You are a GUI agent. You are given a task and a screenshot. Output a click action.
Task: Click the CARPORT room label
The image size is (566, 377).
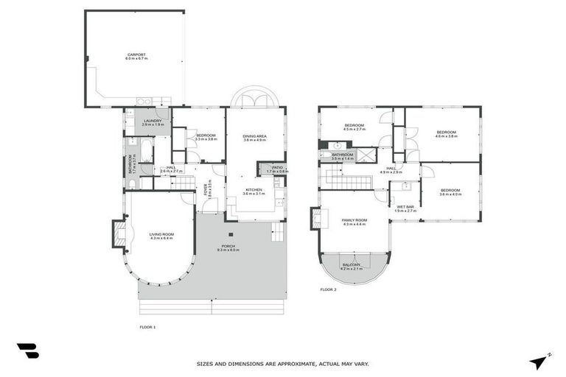tap(136, 56)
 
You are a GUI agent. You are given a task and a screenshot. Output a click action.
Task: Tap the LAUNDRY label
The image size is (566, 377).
tap(153, 122)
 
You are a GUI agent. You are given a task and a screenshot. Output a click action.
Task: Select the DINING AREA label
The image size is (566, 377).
tap(254, 137)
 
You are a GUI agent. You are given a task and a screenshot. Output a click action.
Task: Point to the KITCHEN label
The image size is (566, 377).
tap(254, 191)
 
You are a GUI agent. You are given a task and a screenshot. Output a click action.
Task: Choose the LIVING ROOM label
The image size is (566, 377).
tap(161, 236)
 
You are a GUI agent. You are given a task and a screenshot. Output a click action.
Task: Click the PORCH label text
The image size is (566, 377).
tap(228, 248)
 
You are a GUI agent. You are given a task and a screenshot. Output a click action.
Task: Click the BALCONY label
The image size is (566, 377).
tap(352, 266)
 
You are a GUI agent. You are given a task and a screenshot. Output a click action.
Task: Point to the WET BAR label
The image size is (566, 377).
tap(406, 209)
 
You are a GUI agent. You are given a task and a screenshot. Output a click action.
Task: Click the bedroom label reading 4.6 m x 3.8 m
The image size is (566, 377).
tap(447, 134)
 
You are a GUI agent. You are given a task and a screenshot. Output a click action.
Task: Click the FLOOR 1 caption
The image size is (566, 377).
tap(147, 326)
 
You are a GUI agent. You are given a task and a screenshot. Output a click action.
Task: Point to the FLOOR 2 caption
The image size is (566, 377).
tap(328, 290)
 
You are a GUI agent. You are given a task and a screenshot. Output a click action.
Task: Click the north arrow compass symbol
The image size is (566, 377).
tap(539, 361)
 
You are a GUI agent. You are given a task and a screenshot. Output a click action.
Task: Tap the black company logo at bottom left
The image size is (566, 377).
tap(27, 351)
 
